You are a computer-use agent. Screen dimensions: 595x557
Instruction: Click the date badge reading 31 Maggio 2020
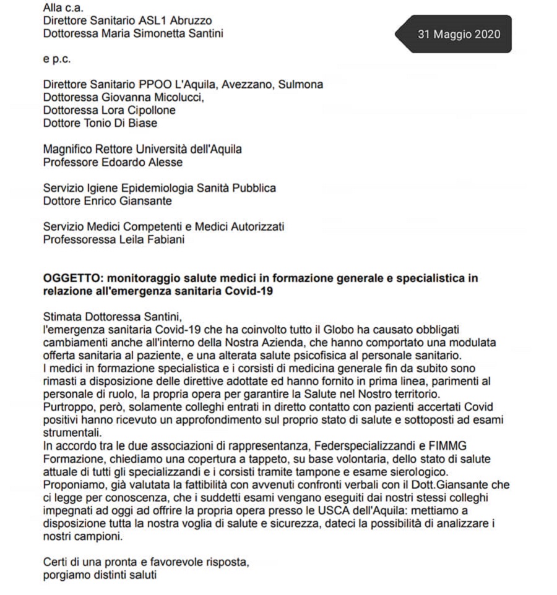pos(459,34)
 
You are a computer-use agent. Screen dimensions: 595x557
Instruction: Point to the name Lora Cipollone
pos(131,110)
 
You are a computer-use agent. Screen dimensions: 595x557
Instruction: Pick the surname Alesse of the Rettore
pos(163,162)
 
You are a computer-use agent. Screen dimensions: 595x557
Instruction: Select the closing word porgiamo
pos(66,575)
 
